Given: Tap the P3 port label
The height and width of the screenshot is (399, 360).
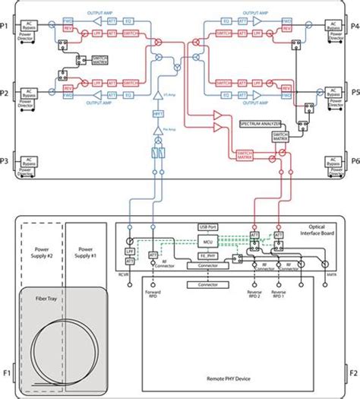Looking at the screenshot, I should [x=5, y=161].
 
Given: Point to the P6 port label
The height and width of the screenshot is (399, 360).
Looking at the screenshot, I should [x=354, y=161].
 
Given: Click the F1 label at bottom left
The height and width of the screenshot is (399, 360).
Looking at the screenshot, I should [x=6, y=373].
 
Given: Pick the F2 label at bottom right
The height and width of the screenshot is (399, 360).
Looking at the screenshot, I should [x=353, y=373].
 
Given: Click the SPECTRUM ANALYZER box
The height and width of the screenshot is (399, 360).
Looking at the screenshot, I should [x=261, y=122].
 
